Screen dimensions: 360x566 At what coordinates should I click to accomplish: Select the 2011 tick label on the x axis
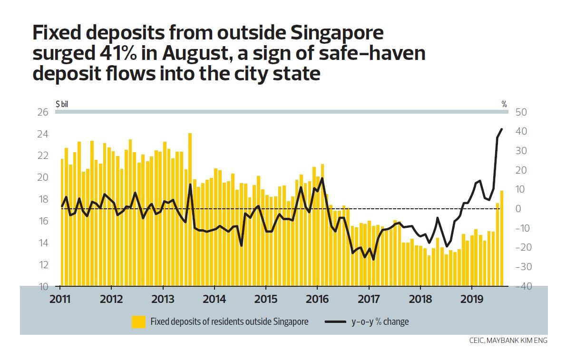pos(60,301)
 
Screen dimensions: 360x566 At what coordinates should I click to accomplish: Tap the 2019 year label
pos(471,301)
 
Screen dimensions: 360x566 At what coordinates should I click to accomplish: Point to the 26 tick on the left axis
pos(43,112)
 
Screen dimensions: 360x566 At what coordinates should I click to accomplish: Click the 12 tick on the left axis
pos(43,265)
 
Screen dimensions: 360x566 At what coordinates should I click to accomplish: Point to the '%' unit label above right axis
pos(504,104)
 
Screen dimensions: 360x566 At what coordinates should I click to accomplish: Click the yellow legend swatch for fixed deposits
pos(138,322)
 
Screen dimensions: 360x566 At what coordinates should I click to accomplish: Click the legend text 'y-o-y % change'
pos(380,322)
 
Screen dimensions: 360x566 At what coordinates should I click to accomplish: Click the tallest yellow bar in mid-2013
pos(190,209)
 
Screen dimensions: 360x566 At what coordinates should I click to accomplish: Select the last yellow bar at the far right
pos(501,238)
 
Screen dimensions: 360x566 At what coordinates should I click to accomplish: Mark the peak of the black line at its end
pos(501,129)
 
